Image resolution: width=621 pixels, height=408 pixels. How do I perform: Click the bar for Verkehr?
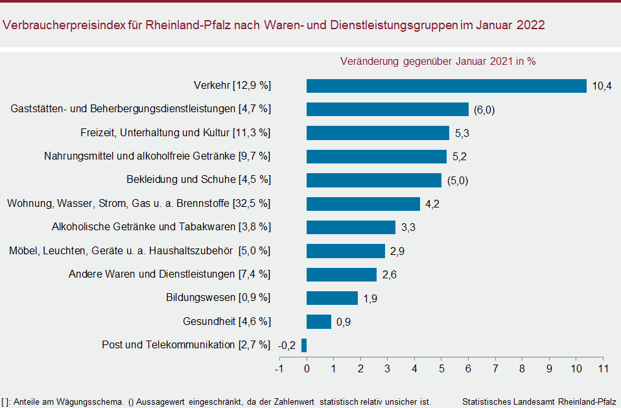coord(446,86)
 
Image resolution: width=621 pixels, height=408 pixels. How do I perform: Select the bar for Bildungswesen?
coord(332,298)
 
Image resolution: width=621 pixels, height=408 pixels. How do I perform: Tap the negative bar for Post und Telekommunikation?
coord(304,345)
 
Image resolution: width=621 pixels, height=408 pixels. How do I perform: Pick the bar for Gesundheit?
coord(319,322)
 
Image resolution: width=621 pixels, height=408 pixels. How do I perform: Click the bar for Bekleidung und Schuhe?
coord(373,180)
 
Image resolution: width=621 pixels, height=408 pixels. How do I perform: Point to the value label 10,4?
coord(602,86)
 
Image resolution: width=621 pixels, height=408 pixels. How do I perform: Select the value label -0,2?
coord(287,346)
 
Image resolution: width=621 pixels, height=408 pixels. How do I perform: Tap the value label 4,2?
coord(432,204)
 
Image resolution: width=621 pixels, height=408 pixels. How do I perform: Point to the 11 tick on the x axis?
coord(603,369)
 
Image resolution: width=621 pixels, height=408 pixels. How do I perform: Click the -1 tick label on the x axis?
coord(279,369)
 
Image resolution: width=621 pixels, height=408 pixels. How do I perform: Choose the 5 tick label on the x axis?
coord(441,369)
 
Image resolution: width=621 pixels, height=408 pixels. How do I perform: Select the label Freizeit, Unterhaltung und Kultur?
coord(155,132)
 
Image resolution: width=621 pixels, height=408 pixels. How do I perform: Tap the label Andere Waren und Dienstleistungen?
coord(152,274)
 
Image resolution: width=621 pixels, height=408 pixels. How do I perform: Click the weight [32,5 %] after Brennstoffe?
coord(251,204)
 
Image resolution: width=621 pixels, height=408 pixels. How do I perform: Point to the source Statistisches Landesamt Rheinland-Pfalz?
coord(540,402)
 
